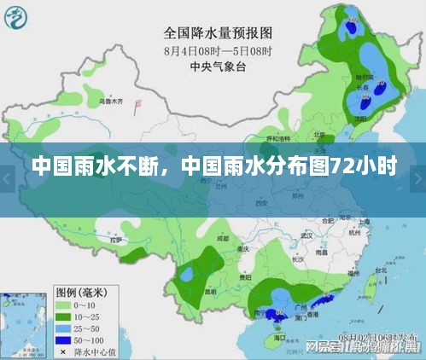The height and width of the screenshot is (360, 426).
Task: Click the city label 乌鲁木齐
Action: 111,102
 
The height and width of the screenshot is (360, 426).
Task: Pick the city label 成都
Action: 225,239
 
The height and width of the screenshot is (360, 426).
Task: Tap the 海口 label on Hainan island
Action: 279,336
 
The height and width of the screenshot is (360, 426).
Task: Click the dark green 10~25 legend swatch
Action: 64,315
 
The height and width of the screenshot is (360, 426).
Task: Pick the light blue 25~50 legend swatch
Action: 64,327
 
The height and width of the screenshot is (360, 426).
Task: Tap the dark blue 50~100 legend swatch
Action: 64,339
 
